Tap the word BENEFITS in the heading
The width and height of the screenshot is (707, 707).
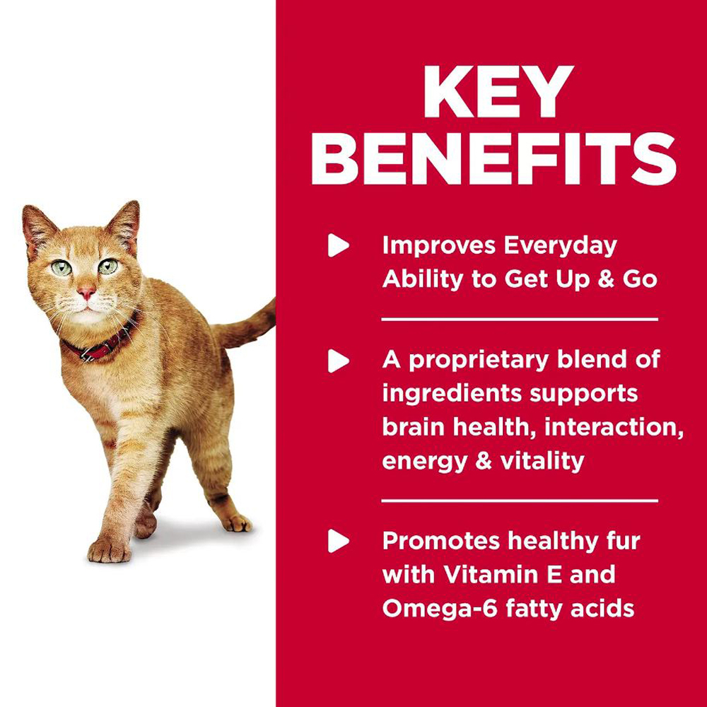pos(493,158)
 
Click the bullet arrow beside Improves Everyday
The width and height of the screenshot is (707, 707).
pos(338,245)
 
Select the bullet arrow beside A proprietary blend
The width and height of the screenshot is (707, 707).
pos(338,361)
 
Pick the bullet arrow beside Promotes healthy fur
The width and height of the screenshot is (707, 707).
pos(338,541)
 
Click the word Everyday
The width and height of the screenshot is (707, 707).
pos(560,247)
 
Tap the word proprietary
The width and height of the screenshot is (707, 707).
pos(479,361)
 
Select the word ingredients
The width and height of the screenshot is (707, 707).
pos(452,394)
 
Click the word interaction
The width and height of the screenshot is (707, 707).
pos(614,426)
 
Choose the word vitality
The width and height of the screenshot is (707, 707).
pos(542,461)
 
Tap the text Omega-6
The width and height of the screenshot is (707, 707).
pos(440,608)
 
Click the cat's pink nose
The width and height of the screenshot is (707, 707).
pos(86,293)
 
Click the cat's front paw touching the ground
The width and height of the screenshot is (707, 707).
pos(109,549)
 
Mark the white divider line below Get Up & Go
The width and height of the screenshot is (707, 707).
pos(520,320)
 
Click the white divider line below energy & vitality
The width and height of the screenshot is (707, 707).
pos(520,501)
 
